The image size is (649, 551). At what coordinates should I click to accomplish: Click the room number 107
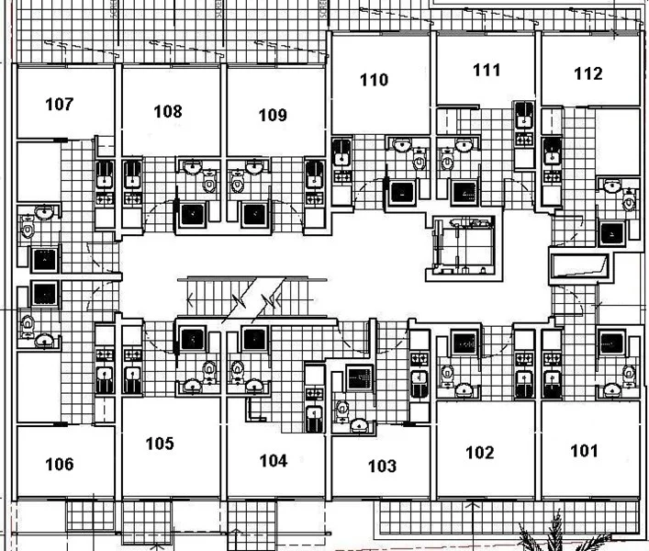click(x=60, y=105)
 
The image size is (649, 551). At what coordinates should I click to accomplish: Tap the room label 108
click(x=168, y=112)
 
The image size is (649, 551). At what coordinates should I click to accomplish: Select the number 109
click(x=273, y=115)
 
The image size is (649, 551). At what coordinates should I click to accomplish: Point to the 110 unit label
click(x=374, y=80)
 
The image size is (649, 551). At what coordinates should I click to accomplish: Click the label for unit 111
click(x=487, y=70)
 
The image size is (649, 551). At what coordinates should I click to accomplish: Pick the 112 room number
click(x=587, y=73)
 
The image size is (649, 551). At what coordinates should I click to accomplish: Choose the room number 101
click(x=584, y=451)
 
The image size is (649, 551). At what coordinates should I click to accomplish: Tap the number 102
click(x=480, y=453)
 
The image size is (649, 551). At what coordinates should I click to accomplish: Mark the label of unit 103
click(x=382, y=467)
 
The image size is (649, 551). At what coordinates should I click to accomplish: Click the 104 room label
click(x=274, y=461)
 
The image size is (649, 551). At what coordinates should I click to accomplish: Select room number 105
click(x=160, y=444)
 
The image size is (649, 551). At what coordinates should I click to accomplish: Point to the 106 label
click(x=60, y=465)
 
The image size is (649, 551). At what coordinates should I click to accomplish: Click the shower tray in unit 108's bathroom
click(x=193, y=215)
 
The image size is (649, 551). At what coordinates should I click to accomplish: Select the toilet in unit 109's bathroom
click(x=237, y=183)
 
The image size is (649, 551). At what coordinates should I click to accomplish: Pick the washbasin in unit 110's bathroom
click(x=401, y=145)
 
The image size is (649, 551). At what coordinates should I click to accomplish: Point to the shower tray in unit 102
click(x=464, y=343)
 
